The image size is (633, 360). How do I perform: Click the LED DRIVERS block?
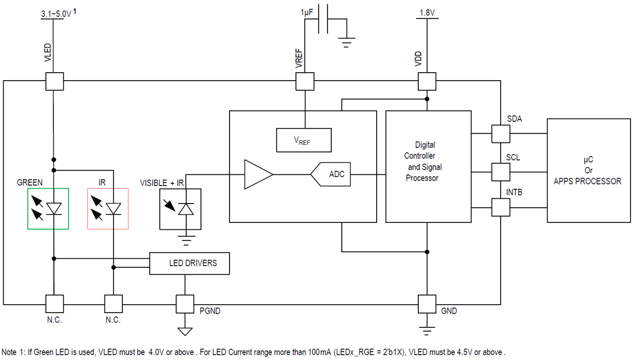click(190, 263)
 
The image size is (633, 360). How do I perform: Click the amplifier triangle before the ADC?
click(257, 174)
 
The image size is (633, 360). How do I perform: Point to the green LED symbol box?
click(48, 209)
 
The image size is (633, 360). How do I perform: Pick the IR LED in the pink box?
click(108, 209)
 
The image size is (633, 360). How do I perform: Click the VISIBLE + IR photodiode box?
click(180, 209)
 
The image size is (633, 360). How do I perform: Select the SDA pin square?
click(501, 133)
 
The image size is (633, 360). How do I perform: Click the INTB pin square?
click(501, 207)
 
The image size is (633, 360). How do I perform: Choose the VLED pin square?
click(54, 81)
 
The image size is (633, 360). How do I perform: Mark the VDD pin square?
click(427, 81)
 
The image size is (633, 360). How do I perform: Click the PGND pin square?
click(185, 304)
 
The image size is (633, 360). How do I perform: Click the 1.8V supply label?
click(427, 12)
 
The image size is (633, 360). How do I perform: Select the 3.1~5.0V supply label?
click(56, 15)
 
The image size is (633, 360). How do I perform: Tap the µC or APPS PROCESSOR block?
click(587, 170)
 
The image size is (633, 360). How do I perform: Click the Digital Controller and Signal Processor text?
click(424, 161)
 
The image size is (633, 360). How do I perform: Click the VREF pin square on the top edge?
click(304, 81)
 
